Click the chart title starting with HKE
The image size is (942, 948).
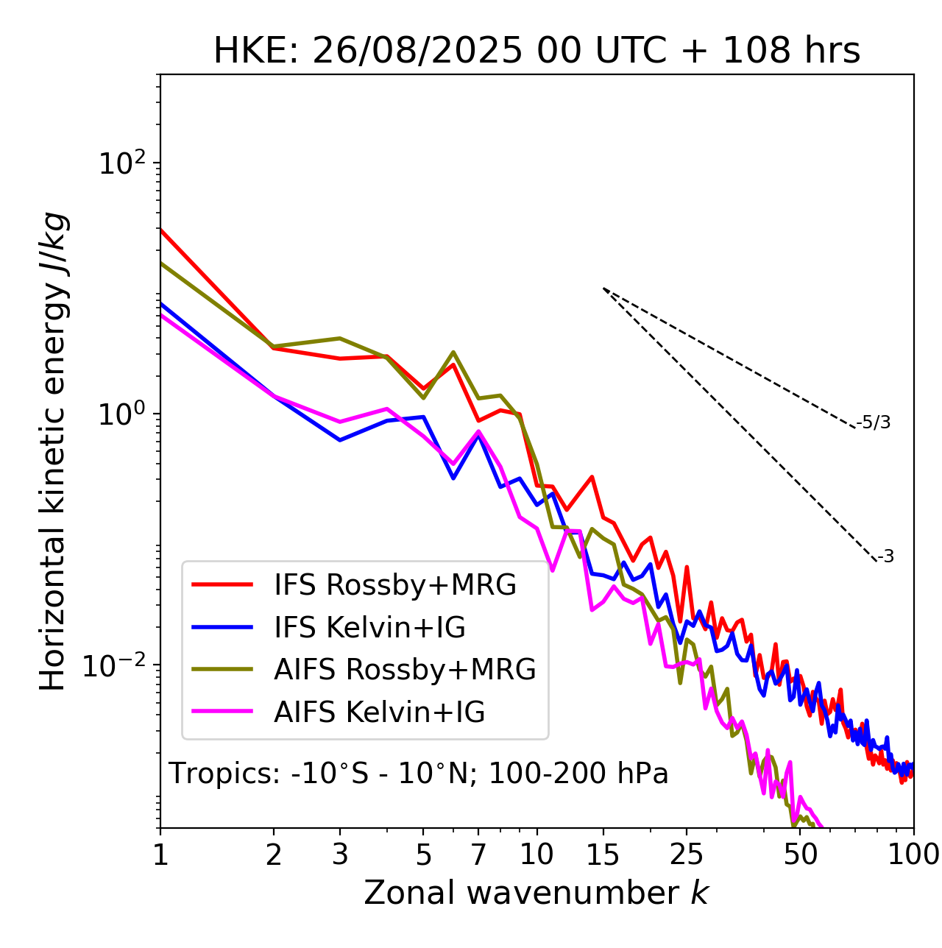coord(536,52)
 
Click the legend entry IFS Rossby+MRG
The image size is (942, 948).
coord(394,585)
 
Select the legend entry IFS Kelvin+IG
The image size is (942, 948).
coord(369,628)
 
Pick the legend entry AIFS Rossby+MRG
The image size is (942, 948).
coord(405,670)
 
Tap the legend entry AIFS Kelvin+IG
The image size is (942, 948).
coord(379,712)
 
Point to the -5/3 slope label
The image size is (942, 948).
coord(874,422)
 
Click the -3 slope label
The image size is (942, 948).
coord(885,557)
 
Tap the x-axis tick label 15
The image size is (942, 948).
coord(603,855)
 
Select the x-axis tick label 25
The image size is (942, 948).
coord(687,855)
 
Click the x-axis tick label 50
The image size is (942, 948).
coord(801,855)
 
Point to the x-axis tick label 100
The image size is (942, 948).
coord(913,855)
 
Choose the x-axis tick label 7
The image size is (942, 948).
coord(478,855)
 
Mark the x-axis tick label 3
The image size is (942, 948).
coord(340,855)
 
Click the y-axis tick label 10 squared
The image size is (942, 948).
coord(121,163)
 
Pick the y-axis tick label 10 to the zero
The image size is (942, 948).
coord(121,414)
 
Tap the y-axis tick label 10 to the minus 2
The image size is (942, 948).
coord(118,665)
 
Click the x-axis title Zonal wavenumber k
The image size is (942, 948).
coord(536,893)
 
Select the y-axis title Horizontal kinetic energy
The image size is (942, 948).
coord(53,451)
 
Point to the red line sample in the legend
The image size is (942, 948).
coord(222,585)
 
